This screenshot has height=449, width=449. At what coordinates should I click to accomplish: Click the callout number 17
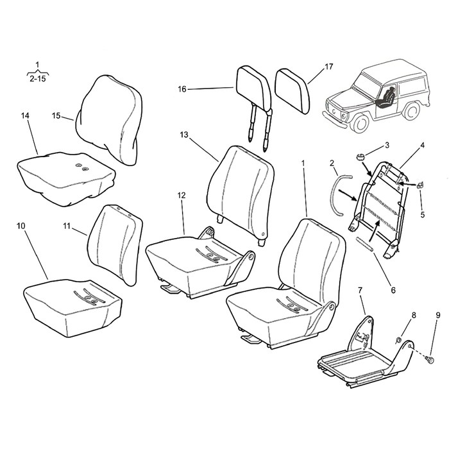pyautogui.click(x=329, y=67)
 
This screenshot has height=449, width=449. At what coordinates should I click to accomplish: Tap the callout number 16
pyautogui.click(x=182, y=89)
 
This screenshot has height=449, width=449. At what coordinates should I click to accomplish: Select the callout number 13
pyautogui.click(x=184, y=134)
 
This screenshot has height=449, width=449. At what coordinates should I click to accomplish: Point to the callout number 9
pyautogui.click(x=438, y=316)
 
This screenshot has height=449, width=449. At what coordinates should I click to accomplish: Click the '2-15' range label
pyautogui.click(x=37, y=78)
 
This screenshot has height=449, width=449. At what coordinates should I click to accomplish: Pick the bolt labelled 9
pyautogui.click(x=429, y=359)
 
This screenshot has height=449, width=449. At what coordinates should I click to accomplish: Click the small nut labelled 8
pyautogui.click(x=398, y=340)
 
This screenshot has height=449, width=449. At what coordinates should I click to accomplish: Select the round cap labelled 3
pyautogui.click(x=361, y=157)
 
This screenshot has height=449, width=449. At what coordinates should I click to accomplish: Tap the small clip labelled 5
pyautogui.click(x=420, y=185)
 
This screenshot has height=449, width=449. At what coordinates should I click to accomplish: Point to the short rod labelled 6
pyautogui.click(x=364, y=244)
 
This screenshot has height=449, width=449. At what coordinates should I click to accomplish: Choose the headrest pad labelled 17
pyautogui.click(x=292, y=91)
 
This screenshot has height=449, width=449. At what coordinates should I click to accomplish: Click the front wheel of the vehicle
pyautogui.click(x=360, y=123)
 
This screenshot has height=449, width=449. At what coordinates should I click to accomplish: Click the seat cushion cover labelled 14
pyautogui.click(x=67, y=178)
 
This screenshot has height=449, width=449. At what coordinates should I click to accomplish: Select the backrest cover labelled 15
pyautogui.click(x=109, y=121)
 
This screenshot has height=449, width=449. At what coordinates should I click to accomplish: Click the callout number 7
pyautogui.click(x=360, y=291)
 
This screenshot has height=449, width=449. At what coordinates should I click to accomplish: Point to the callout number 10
pyautogui.click(x=21, y=226)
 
